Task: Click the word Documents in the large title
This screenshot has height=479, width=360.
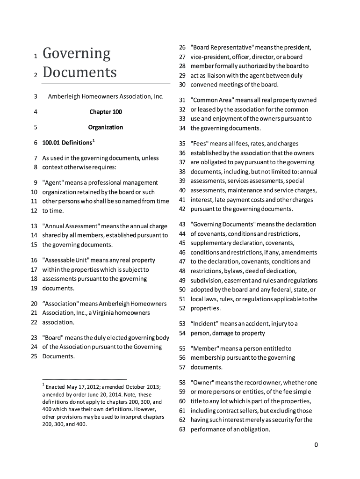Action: click(x=79, y=73)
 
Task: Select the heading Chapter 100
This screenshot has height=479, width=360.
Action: click(x=106, y=112)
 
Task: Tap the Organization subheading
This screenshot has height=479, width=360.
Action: click(x=106, y=127)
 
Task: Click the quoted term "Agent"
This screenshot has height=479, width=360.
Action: click(x=53, y=182)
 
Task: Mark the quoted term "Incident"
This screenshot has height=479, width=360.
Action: click(x=205, y=324)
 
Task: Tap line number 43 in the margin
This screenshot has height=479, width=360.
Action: click(x=183, y=225)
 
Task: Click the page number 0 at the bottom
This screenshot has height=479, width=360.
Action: click(x=316, y=445)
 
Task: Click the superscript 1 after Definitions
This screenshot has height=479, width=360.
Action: click(x=94, y=140)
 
